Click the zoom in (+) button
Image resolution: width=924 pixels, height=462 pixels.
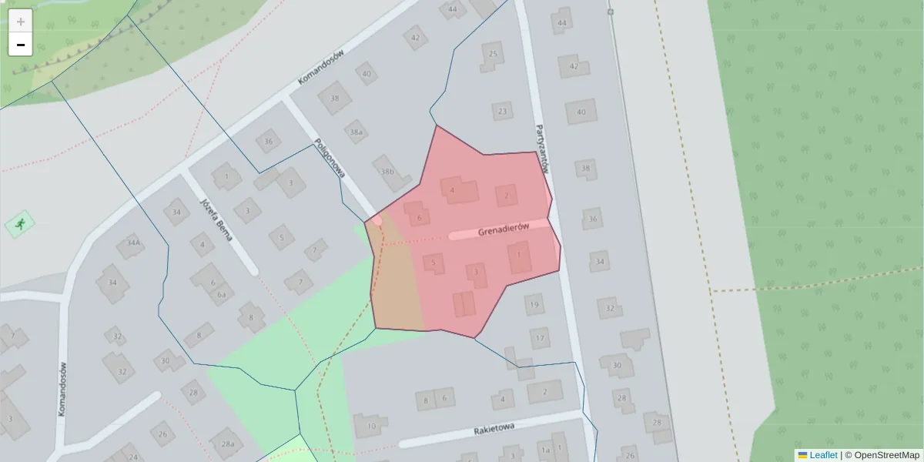pyautogui.click(x=21, y=21)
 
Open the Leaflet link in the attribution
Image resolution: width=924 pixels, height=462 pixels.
pyautogui.click(x=823, y=455)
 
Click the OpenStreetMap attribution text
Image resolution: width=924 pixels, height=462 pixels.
pyautogui.click(x=886, y=455)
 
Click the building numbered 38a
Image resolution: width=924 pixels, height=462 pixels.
pyautogui.click(x=356, y=132)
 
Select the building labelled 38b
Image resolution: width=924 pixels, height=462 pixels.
pyautogui.click(x=387, y=171)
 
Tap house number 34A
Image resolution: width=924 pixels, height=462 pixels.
pyautogui.click(x=134, y=244)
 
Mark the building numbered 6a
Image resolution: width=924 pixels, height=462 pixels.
pyautogui.click(x=222, y=294)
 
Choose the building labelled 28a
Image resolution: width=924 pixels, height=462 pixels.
pyautogui.click(x=227, y=444)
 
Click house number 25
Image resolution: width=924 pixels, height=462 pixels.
pyautogui.click(x=494, y=54)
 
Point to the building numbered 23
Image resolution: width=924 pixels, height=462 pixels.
pyautogui.click(x=503, y=111)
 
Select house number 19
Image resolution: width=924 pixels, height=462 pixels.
pyautogui.click(x=534, y=306)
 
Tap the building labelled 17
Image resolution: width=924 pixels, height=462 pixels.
pyautogui.click(x=540, y=337)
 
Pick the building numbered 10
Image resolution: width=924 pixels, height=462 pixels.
pyautogui.click(x=371, y=425)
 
